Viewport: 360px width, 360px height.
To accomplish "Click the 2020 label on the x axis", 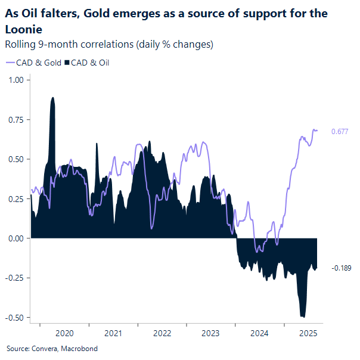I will point(64,333).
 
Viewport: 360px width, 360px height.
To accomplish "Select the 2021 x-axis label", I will point(113,333).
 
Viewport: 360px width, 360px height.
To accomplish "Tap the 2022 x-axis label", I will point(162,333).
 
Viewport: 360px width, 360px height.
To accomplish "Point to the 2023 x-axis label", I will point(210,333).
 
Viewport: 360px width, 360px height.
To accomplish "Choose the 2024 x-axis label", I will point(259,333).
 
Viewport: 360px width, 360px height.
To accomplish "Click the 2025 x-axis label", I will point(308,333).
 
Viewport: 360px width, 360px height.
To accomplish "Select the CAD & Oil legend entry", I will point(90,62).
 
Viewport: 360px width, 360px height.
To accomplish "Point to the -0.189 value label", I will point(341,268).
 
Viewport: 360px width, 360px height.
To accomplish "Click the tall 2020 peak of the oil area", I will point(53,99).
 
